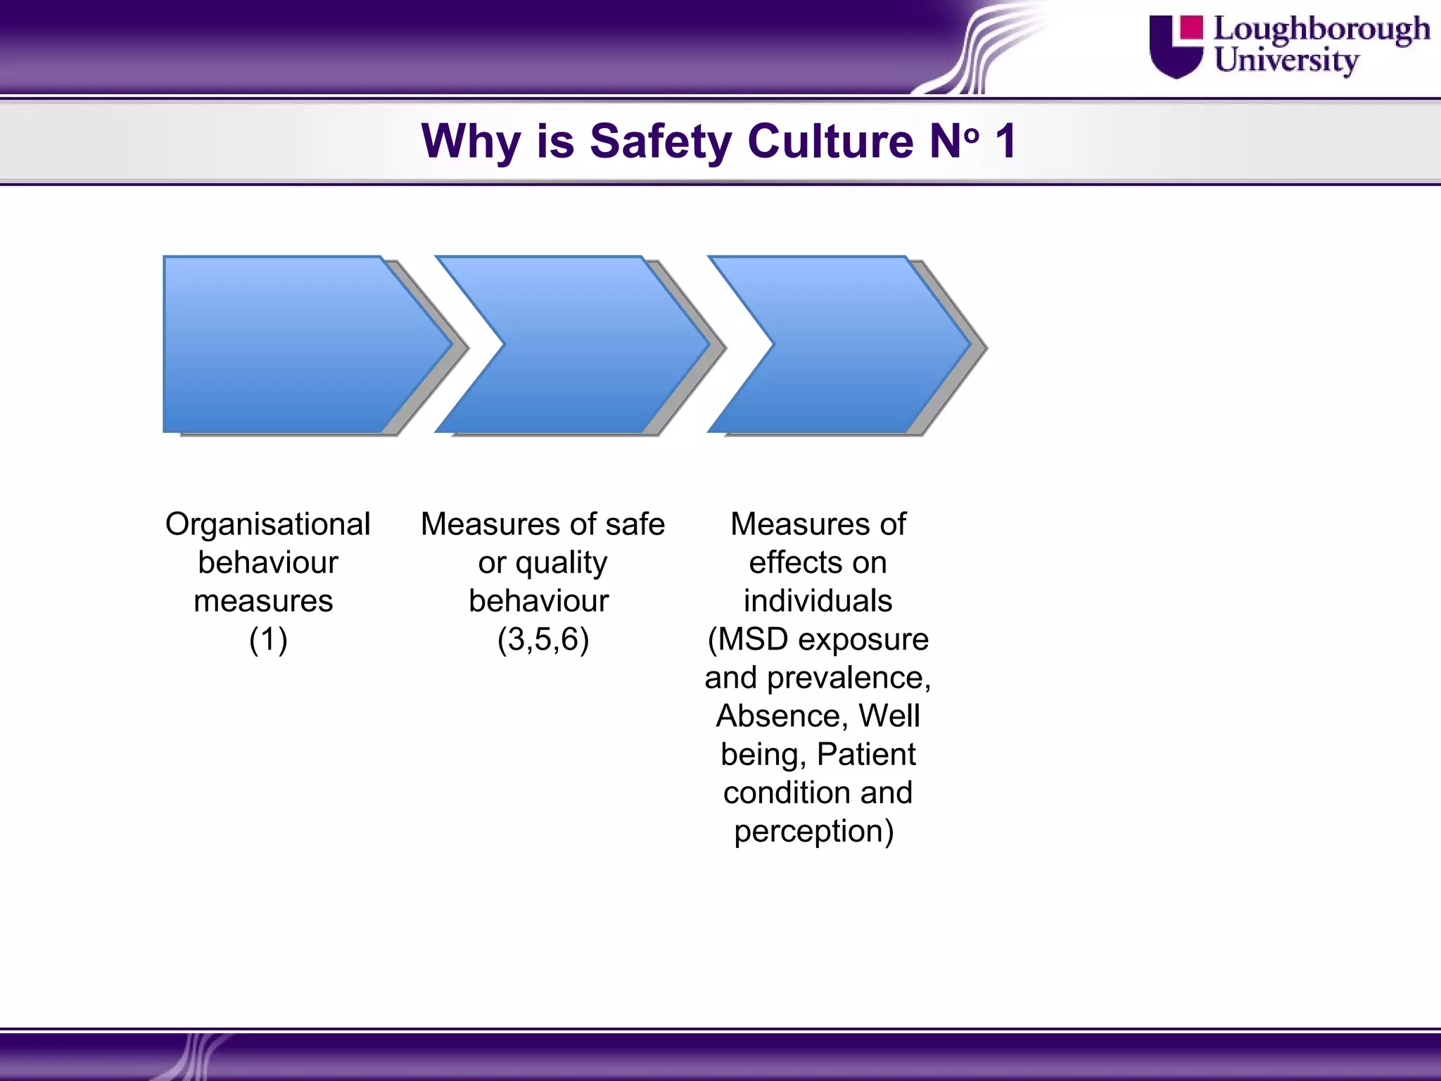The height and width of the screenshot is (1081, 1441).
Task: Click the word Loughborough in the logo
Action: [1321, 30]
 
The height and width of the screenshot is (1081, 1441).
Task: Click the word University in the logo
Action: [1286, 61]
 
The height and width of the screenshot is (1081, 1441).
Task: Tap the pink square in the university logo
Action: [1191, 27]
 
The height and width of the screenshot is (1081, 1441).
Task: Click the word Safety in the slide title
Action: [661, 141]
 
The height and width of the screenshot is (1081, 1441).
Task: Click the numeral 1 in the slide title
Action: [1005, 141]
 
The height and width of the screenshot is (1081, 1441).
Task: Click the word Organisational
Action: [268, 524]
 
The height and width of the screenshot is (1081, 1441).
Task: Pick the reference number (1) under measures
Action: [268, 640]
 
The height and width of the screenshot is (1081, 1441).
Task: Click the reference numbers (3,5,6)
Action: [543, 640]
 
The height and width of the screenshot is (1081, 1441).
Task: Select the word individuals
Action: [818, 601]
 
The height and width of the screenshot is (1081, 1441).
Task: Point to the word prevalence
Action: [849, 678]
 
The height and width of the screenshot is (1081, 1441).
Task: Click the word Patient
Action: [866, 754]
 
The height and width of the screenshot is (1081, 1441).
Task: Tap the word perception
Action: [814, 832]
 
